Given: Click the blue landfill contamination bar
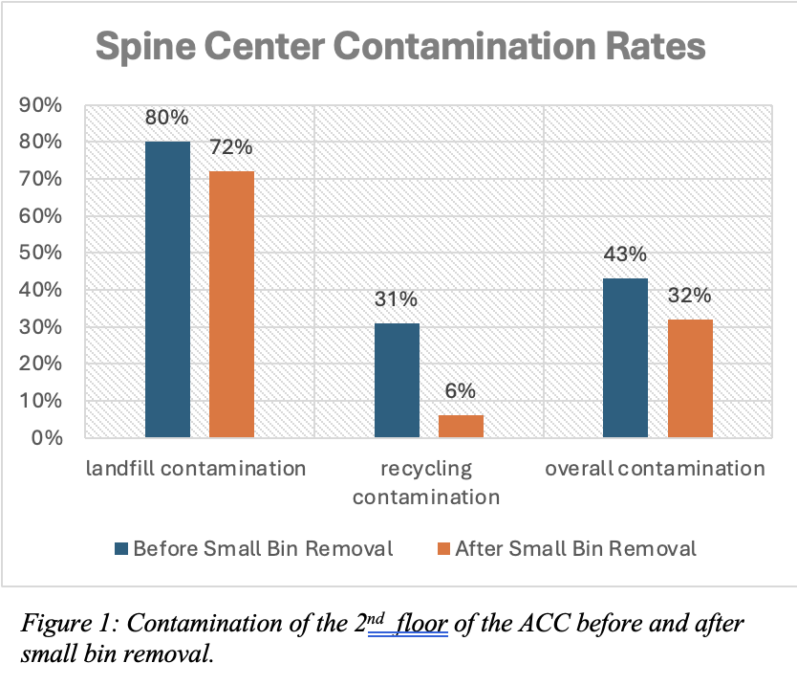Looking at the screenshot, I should (167, 290).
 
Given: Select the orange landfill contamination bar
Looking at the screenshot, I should (231, 304).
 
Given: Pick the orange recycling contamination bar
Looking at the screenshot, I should (461, 427).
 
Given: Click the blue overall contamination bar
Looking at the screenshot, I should (626, 358).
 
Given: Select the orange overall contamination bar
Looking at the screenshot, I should (690, 379).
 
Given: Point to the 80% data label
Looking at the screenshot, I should (167, 119).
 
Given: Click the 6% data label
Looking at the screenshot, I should (461, 392).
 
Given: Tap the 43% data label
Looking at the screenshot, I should (626, 255).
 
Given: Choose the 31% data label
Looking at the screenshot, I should (397, 300).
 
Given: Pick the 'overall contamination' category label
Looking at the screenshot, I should (656, 469).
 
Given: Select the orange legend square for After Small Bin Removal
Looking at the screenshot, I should (443, 549).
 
